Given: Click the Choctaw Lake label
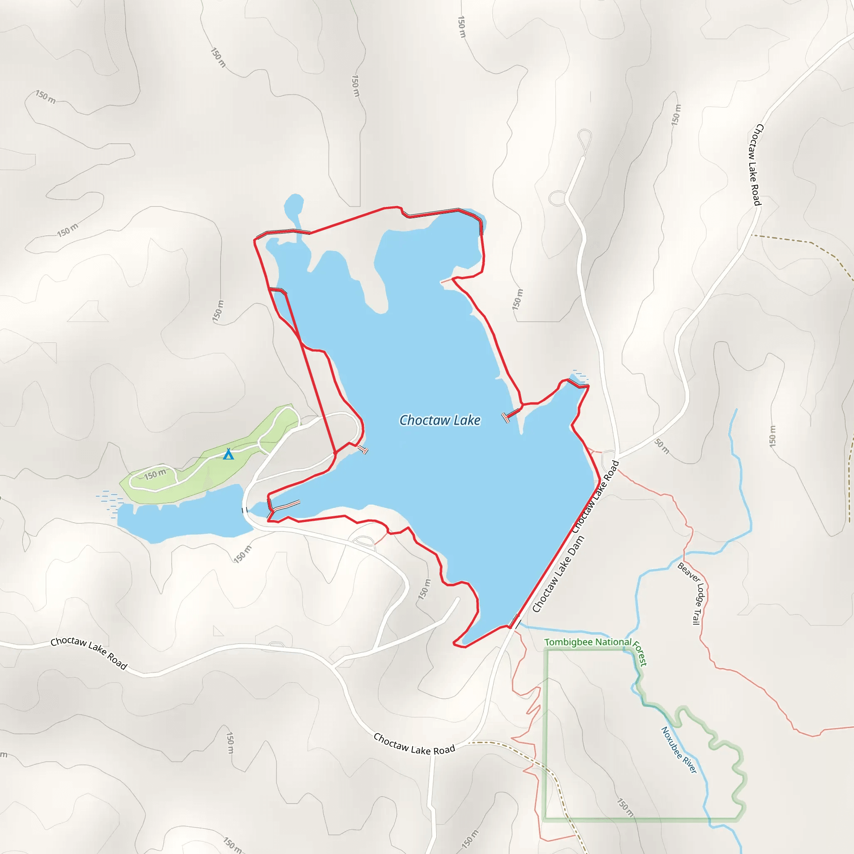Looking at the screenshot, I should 440,420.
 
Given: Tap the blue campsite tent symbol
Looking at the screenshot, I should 228,454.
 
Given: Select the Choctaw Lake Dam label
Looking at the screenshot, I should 558,574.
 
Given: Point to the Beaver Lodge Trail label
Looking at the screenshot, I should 692,594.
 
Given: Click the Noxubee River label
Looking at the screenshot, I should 679,750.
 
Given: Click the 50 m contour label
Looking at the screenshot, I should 662,446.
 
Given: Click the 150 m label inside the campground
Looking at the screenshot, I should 155,474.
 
